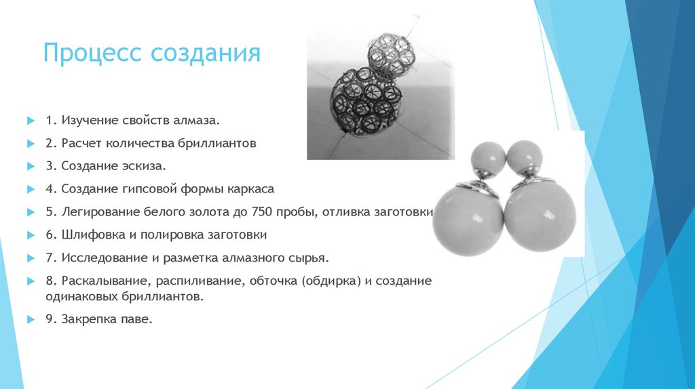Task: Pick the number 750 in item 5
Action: tap(261, 212)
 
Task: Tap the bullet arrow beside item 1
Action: tap(30, 120)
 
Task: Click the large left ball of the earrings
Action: tap(468, 221)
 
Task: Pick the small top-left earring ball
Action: tap(487, 157)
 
